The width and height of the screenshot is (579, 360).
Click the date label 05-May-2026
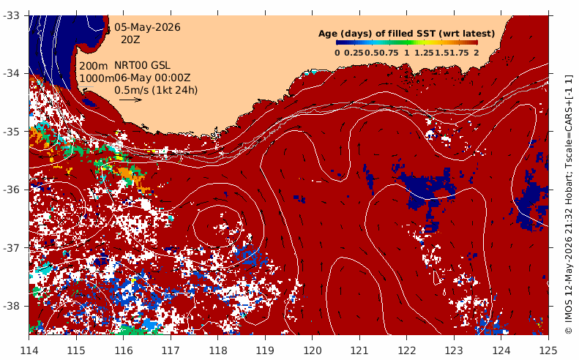[x=147, y=27]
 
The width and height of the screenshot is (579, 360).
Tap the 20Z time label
[x=130, y=40]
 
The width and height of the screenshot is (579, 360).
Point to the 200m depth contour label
[x=94, y=66]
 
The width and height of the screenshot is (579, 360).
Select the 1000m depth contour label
[x=97, y=78]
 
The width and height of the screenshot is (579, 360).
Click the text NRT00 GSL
[x=142, y=65]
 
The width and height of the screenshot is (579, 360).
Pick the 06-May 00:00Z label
[x=152, y=78]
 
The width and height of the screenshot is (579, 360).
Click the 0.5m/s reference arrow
[x=130, y=100]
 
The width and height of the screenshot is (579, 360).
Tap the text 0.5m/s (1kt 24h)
[x=156, y=90]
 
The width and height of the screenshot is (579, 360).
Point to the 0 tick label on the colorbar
[x=337, y=53]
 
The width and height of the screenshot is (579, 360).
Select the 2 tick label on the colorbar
[x=477, y=53]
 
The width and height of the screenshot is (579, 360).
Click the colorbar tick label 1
[x=406, y=53]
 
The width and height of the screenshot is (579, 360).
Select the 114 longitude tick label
[x=29, y=350]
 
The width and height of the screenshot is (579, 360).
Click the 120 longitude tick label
[x=312, y=350]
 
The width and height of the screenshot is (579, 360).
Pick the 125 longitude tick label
[x=548, y=350]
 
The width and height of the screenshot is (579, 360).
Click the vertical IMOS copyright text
[x=569, y=205]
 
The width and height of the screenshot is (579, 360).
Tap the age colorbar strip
[x=407, y=43]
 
